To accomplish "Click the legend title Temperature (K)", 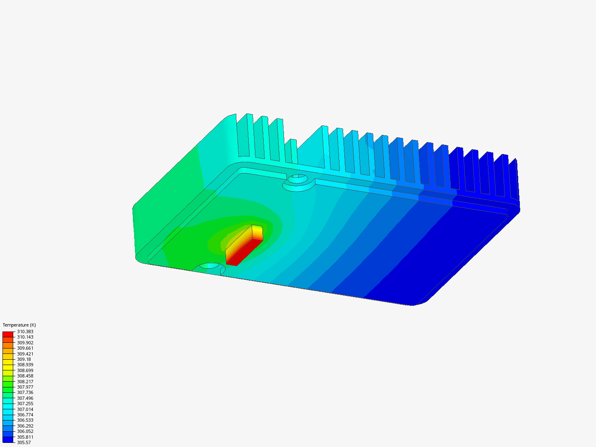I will pyautogui.click(x=19, y=325).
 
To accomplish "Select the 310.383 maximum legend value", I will pyautogui.click(x=25, y=332).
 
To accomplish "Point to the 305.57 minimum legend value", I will pyautogui.click(x=24, y=442).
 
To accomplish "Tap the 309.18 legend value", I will pyautogui.click(x=24, y=359).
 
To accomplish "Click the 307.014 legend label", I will pyautogui.click(x=25, y=409).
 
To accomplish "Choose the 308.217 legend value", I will pyautogui.click(x=25, y=382).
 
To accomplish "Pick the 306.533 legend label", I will pyautogui.click(x=25, y=420).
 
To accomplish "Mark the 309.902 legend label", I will pyautogui.click(x=25, y=343).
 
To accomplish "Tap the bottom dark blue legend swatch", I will pyautogui.click(x=8, y=440).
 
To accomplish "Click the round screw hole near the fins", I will pyautogui.click(x=297, y=179).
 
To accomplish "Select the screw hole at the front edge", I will pyautogui.click(x=209, y=266).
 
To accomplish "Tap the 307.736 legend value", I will pyautogui.click(x=25, y=392).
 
